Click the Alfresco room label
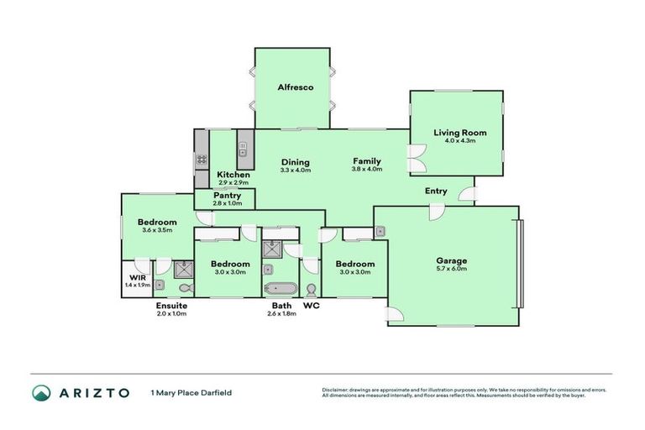pos(296,87)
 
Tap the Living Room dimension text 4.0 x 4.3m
pos(459,141)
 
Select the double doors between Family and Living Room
pos(413,157)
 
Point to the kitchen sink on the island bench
pos(243,152)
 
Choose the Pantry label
pos(227,195)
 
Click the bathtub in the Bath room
pos(279,289)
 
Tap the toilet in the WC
pos(311,289)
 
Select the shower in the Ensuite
pos(184,270)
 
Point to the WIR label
pos(137,277)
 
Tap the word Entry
pos(436,191)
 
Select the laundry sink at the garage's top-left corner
pos(380,231)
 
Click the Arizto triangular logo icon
pos(40,392)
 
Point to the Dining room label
pos(295,162)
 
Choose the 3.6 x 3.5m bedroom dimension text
pos(157,230)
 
